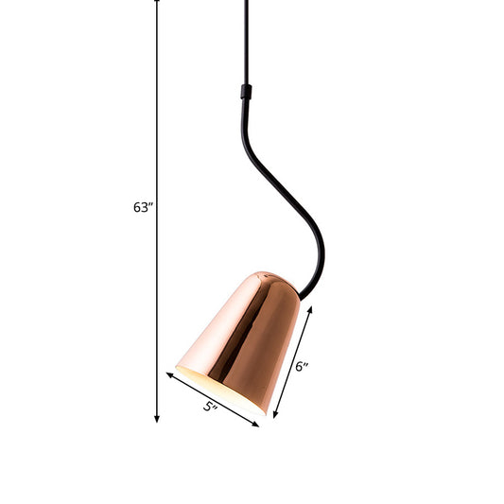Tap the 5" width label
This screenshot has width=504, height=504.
pos(211,408)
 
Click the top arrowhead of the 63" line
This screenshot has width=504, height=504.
pos(157,3)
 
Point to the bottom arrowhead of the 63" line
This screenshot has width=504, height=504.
pos(157,417)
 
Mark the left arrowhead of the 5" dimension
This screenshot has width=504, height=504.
pos(171,376)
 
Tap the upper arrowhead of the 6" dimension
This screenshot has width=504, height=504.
pos(311,307)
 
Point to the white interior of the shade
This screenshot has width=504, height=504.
pos(213,383)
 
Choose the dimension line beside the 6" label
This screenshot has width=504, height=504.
pos(293,361)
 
